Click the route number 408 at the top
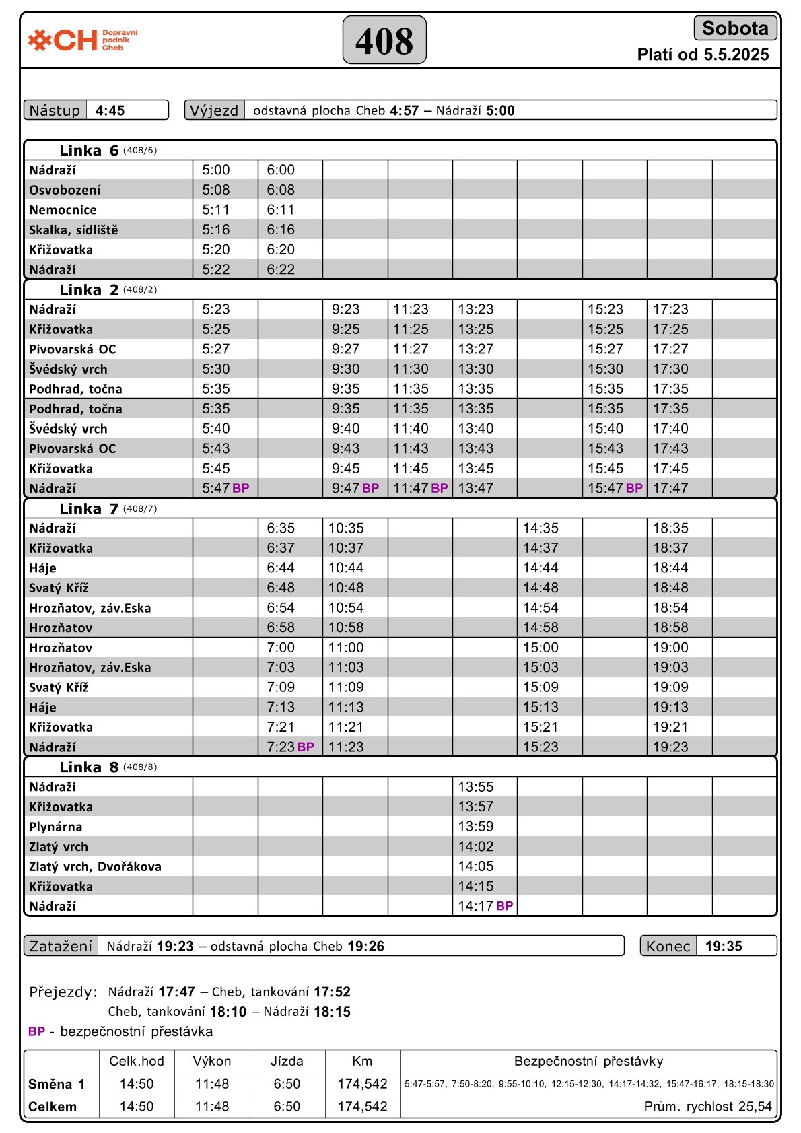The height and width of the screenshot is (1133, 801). tap(384, 40)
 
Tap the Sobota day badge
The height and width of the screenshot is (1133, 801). tap(735, 28)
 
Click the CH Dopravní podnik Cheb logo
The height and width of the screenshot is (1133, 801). tap(83, 40)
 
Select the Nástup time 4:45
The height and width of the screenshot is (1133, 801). tap(110, 110)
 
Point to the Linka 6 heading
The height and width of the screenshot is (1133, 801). tap(89, 150)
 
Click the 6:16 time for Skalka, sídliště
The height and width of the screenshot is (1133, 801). tap(281, 230)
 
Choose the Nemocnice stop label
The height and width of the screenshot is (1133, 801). tap(63, 210)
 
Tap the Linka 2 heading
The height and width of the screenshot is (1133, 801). tap(89, 289)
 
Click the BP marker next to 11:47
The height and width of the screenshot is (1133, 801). tap(440, 488)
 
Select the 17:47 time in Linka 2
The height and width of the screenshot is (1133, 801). tap(670, 488)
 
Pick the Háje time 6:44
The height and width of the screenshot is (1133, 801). tap(281, 568)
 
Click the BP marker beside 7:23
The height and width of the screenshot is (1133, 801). tap(306, 747)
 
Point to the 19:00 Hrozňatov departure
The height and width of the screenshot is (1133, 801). tap(670, 648)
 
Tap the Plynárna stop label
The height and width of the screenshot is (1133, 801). tap(55, 827)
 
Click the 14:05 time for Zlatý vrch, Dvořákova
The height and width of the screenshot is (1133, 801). tap(476, 866)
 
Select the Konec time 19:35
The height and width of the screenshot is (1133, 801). tap(724, 946)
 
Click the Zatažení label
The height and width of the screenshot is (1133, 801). tap(61, 946)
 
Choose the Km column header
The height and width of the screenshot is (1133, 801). tap(362, 1061)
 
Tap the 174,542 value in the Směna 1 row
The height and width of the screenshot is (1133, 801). tap(362, 1084)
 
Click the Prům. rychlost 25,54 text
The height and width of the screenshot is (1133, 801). tap(707, 1107)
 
